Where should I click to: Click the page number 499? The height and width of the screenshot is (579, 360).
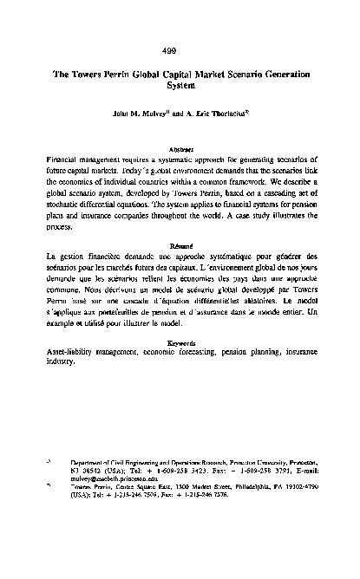(x=180, y=49)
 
